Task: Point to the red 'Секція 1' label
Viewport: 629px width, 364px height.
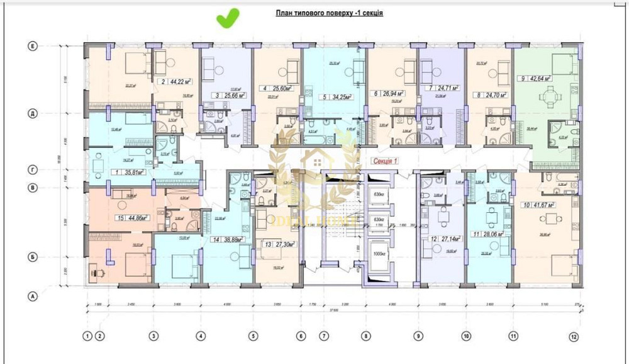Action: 383,161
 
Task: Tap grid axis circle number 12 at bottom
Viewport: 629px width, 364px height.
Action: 573,337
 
